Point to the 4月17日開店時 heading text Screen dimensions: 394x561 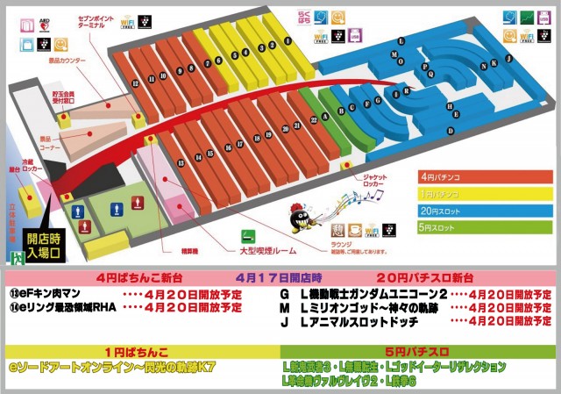point(280,278)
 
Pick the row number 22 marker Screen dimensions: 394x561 point(314,120)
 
